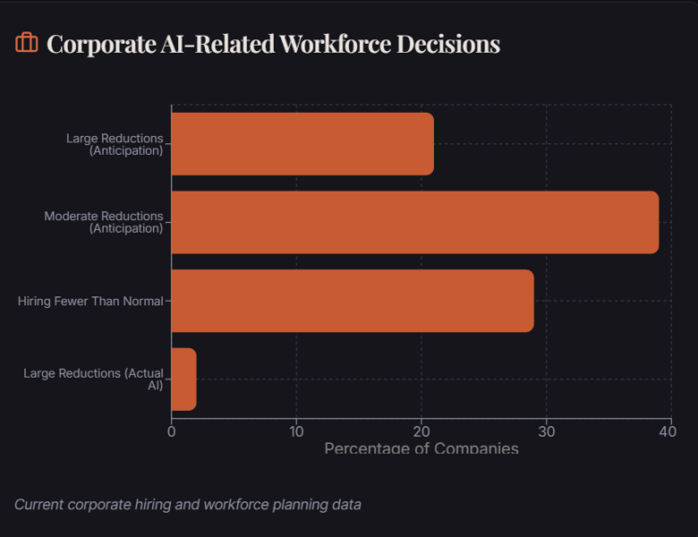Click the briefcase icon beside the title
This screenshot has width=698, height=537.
(27, 43)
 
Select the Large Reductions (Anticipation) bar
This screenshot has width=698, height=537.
(302, 144)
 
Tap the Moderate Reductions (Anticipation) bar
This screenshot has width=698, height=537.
(414, 222)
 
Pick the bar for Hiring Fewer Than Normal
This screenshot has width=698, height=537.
(352, 301)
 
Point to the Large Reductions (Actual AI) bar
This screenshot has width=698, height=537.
(183, 379)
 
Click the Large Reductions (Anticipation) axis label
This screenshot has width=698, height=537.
(115, 144)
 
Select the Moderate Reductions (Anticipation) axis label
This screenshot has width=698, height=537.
(104, 222)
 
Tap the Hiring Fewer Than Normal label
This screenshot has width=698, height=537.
(90, 302)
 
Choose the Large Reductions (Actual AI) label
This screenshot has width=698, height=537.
(94, 379)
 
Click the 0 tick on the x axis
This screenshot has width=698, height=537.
(171, 430)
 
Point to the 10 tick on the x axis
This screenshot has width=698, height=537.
(296, 430)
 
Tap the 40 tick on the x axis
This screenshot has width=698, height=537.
(667, 430)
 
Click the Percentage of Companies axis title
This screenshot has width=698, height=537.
(421, 447)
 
